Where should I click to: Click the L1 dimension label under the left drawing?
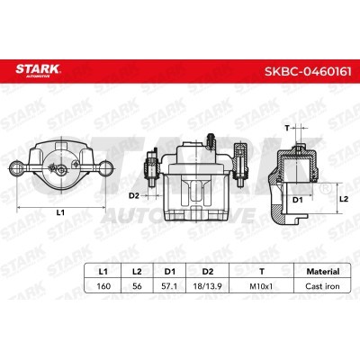60,212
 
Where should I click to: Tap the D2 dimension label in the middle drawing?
132,193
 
